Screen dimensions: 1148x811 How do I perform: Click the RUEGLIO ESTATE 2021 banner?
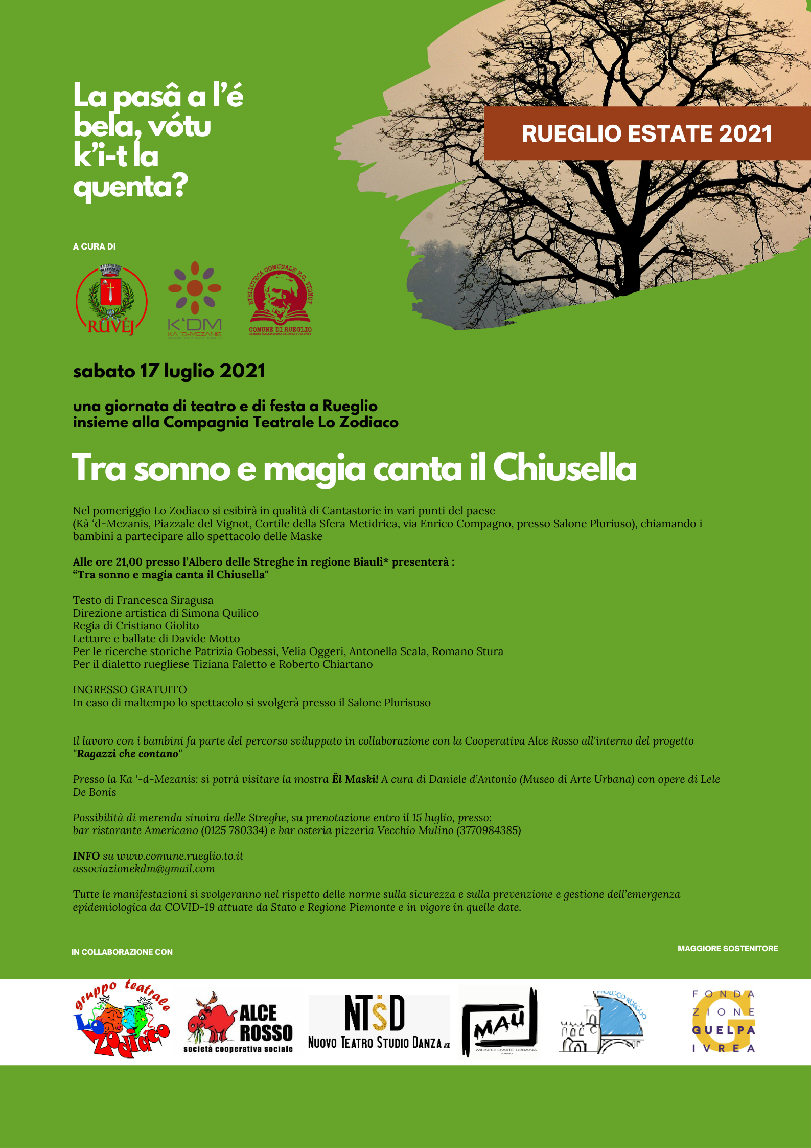(x=646, y=133)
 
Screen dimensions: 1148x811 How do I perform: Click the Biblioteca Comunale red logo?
(x=280, y=301)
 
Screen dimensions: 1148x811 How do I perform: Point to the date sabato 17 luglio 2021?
(x=169, y=371)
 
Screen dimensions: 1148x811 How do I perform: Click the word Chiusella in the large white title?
(x=565, y=468)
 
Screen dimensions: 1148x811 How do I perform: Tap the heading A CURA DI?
(x=95, y=246)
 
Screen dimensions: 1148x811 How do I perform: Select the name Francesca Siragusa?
(x=165, y=600)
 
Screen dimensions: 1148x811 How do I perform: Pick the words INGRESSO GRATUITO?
(x=130, y=690)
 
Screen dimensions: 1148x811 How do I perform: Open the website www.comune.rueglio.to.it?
(x=180, y=856)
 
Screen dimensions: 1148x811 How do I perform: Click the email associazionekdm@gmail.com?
(x=144, y=869)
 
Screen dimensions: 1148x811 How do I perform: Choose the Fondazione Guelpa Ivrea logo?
(x=724, y=1021)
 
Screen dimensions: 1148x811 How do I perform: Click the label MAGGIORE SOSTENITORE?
(x=728, y=948)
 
